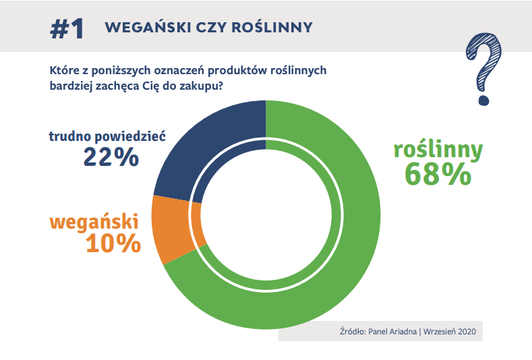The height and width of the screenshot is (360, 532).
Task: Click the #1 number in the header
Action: click(x=67, y=28)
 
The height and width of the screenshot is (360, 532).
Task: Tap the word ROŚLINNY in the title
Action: click(x=272, y=28)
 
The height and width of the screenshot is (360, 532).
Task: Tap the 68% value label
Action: click(x=437, y=174)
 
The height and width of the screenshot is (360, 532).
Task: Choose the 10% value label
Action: click(x=113, y=243)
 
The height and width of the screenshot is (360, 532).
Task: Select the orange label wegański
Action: click(x=94, y=222)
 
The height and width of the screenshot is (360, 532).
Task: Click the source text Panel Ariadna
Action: click(x=394, y=332)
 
